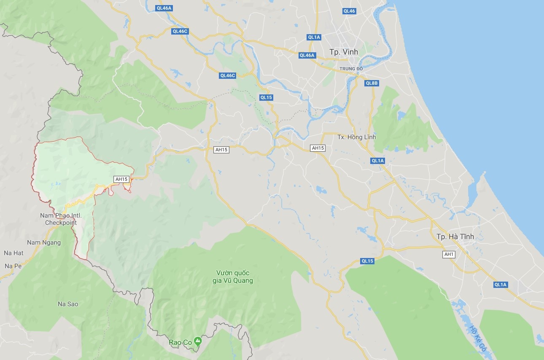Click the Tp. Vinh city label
coord(343,52)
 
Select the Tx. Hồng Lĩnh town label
coord(356,137)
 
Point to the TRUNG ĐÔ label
coord(351,69)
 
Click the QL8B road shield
coord(372,83)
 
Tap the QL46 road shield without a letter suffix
coord(349,11)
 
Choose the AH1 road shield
coord(448,254)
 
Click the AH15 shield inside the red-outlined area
coord(121,179)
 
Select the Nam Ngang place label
coord(44,242)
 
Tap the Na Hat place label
coord(13,253)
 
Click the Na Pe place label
coord(13,266)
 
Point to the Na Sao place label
coord(68,304)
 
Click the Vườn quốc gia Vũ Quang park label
coord(233,277)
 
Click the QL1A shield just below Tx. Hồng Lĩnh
coord(377,161)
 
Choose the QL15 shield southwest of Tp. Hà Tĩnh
coord(367,261)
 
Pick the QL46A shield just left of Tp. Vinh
coord(307,55)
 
